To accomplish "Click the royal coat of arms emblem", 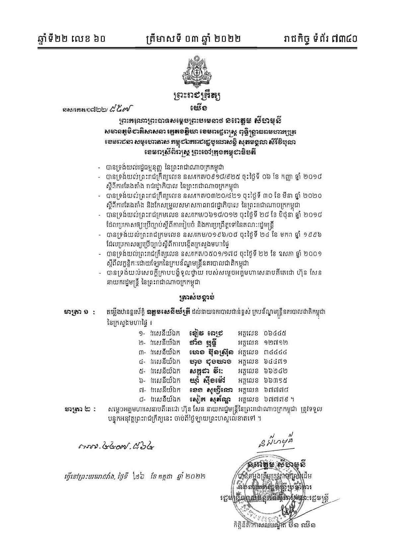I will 198,70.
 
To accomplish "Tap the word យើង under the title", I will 198,109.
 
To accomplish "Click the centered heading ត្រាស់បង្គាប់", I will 198,296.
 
